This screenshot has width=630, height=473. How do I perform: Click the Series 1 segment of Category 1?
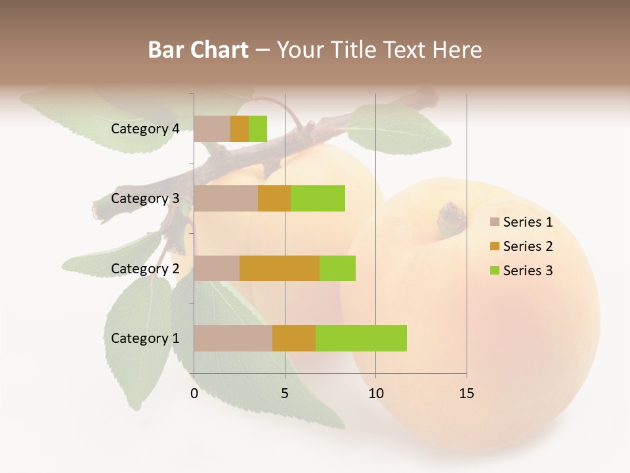click(x=233, y=338)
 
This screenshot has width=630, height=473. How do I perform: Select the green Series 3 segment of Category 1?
click(x=361, y=338)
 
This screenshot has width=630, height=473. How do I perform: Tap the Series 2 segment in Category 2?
click(x=280, y=268)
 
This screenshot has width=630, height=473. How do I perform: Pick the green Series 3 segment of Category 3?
click(x=318, y=198)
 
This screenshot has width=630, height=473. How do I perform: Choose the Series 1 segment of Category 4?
click(x=212, y=129)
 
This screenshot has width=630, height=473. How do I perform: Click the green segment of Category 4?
click(x=258, y=129)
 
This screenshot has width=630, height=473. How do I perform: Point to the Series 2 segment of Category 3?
click(x=274, y=198)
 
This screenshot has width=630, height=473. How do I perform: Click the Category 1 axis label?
click(x=145, y=338)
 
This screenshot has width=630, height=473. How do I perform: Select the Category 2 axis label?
click(x=145, y=268)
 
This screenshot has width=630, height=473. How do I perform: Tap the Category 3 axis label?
click(x=145, y=198)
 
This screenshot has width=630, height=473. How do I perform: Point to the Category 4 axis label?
click(x=145, y=129)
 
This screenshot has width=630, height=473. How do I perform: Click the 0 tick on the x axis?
click(x=194, y=394)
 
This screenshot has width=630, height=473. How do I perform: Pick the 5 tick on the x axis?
click(x=285, y=394)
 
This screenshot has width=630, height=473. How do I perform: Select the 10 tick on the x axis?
click(x=375, y=394)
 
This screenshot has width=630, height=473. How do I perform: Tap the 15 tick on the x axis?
click(x=467, y=394)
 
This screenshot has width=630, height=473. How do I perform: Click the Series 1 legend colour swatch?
click(x=494, y=222)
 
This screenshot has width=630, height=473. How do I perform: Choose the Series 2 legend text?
click(x=528, y=246)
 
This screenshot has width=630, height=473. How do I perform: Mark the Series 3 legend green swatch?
click(x=494, y=271)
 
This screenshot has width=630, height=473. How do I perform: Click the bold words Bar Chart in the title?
click(x=198, y=49)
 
